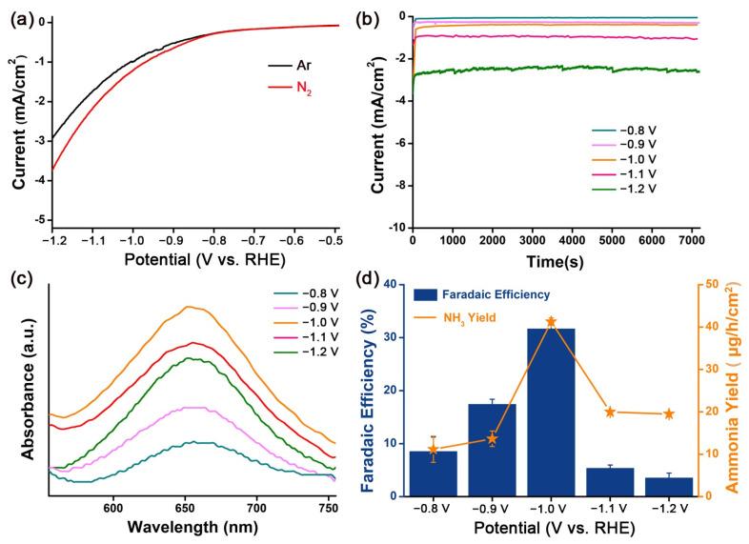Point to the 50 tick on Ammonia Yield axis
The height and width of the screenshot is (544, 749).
pos(711,284)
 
